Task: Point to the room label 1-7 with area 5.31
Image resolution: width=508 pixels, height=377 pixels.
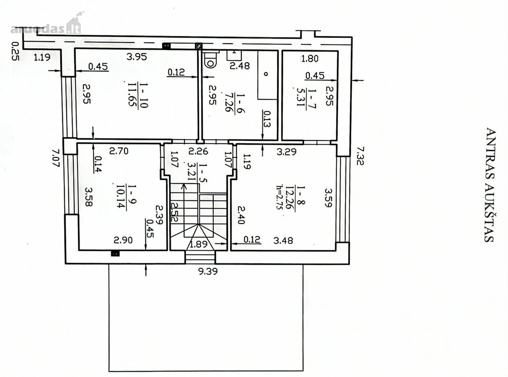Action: pyautogui.click(x=306, y=97)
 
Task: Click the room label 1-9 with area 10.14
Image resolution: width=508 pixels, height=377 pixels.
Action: pyautogui.click(x=127, y=196)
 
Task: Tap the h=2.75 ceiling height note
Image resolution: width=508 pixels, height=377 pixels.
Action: pyautogui.click(x=280, y=197)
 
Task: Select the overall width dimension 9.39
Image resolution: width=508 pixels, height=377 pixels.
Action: pyautogui.click(x=208, y=272)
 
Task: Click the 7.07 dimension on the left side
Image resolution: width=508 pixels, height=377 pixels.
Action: pyautogui.click(x=56, y=158)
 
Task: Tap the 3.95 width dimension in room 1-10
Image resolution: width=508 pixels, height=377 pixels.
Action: pyautogui.click(x=137, y=57)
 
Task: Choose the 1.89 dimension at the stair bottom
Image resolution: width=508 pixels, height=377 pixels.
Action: pyautogui.click(x=199, y=244)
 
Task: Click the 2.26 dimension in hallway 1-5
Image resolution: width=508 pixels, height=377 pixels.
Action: pyautogui.click(x=198, y=151)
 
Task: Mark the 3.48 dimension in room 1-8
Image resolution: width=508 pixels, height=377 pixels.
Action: pyautogui.click(x=283, y=240)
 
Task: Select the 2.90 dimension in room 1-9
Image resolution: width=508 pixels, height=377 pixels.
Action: pyautogui.click(x=123, y=240)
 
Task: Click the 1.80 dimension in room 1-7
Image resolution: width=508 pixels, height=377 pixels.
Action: pyautogui.click(x=309, y=59)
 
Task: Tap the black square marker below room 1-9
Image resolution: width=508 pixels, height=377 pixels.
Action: pyautogui.click(x=115, y=254)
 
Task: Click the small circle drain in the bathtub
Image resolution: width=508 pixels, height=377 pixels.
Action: pyautogui.click(x=266, y=74)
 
